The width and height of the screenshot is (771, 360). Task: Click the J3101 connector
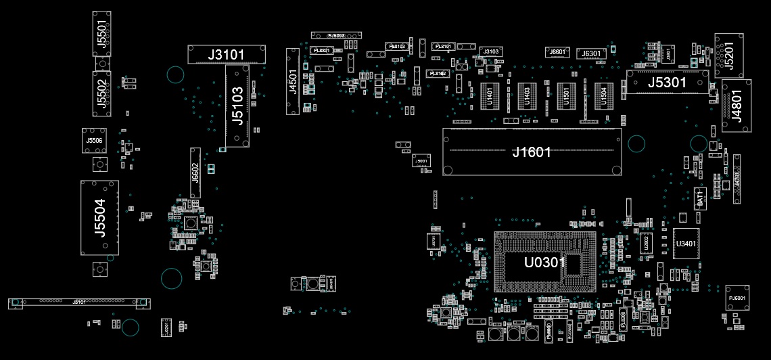(x=226, y=55)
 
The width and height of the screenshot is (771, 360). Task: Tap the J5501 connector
(x=102, y=33)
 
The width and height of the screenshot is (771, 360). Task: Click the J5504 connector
(x=99, y=218)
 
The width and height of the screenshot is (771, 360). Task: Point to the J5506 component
(x=95, y=140)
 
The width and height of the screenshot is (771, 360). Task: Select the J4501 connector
(x=293, y=82)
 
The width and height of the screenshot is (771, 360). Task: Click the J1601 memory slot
(x=532, y=152)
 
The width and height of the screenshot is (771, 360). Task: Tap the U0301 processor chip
(x=545, y=262)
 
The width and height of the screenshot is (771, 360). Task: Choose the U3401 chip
(x=686, y=244)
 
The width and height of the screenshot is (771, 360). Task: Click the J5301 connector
(x=668, y=83)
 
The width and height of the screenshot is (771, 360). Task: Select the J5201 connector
(x=728, y=54)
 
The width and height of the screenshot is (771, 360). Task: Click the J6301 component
(x=591, y=53)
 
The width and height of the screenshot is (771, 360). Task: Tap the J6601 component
(x=557, y=52)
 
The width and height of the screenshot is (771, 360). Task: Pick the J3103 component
(x=490, y=51)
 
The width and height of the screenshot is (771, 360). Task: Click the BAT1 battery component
(x=701, y=199)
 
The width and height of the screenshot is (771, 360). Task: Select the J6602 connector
(x=195, y=173)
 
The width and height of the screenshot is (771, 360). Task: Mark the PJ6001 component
(x=737, y=298)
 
